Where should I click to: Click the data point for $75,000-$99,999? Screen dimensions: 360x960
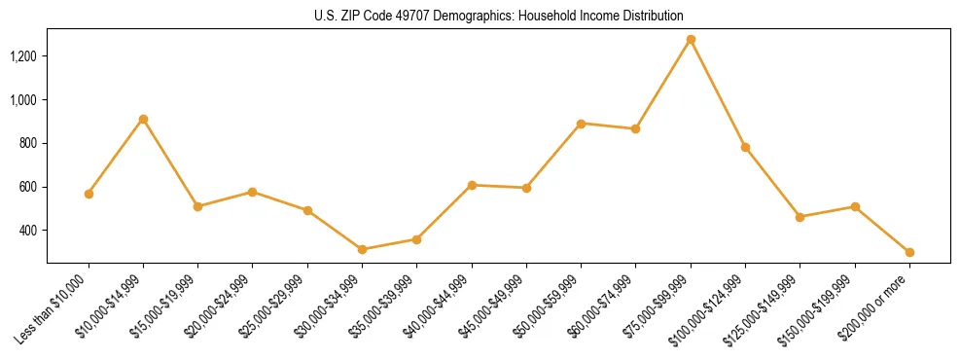691,40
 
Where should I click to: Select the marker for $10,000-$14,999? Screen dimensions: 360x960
143,119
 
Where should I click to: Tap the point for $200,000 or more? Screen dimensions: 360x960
909,252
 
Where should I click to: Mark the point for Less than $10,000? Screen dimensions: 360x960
89,194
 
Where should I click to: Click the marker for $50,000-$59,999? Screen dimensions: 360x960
581,124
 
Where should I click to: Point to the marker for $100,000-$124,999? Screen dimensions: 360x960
745,147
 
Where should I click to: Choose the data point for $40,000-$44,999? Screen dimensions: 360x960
472,185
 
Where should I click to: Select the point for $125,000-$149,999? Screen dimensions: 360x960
800,217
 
